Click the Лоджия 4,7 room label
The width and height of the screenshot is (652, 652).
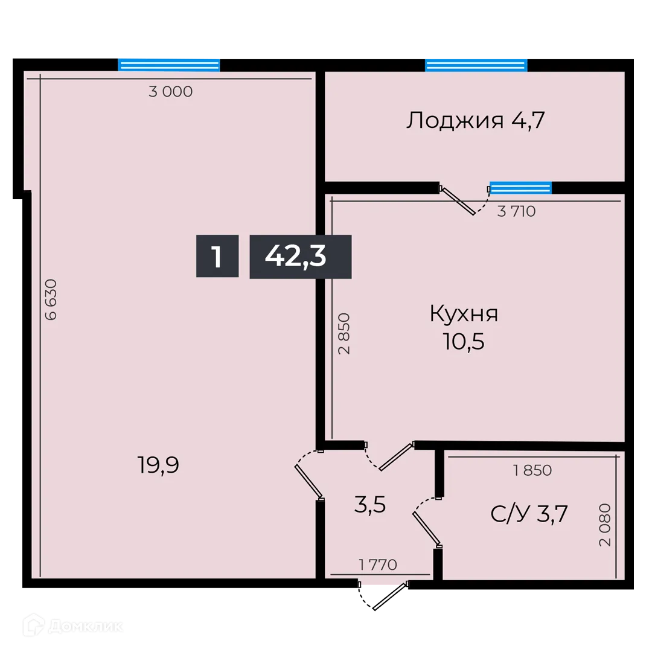click(x=476, y=121)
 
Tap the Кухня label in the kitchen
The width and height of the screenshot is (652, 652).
click(x=464, y=314)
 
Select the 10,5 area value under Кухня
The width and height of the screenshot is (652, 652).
click(x=464, y=342)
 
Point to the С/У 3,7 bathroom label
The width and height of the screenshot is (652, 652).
click(x=529, y=514)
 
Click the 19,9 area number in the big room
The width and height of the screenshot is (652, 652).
click(x=159, y=465)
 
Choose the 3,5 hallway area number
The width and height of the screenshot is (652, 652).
click(x=369, y=505)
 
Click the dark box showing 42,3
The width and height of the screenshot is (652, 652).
click(x=300, y=257)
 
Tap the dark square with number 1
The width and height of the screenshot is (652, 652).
click(x=217, y=257)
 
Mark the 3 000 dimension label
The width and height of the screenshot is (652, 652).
click(x=170, y=92)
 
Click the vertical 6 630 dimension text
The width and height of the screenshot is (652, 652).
click(x=50, y=299)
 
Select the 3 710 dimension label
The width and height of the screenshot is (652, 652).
click(x=516, y=211)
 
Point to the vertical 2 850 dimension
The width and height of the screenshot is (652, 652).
click(x=344, y=333)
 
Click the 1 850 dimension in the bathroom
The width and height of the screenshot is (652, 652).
click(x=532, y=470)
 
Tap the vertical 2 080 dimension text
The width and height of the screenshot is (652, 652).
click(x=605, y=525)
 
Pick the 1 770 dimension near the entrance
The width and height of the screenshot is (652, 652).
click(x=377, y=565)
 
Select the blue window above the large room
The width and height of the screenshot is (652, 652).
click(x=168, y=65)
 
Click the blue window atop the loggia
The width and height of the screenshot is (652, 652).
click(x=476, y=65)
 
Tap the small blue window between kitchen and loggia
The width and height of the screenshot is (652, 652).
click(x=520, y=188)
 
